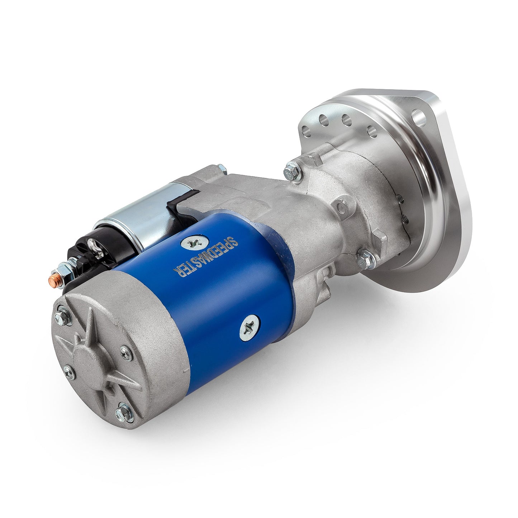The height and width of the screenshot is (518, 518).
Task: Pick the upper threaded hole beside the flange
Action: (399, 197)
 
